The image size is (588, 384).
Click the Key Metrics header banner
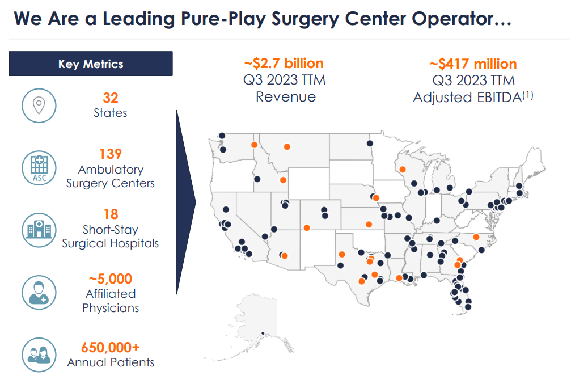click(91, 64)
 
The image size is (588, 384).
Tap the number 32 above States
click(111, 98)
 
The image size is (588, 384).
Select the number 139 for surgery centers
click(111, 154)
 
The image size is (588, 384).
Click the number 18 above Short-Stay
click(111, 214)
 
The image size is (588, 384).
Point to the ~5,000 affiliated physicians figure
click(111, 278)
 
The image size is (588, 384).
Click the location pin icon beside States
click(39, 105)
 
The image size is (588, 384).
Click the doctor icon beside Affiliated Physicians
click(39, 292)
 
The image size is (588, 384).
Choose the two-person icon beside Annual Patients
click(39, 354)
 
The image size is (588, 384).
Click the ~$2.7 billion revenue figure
click(284, 63)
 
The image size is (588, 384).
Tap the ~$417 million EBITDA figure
click(473, 64)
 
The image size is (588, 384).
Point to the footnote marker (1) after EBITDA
click(528, 95)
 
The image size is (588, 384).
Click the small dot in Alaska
click(262, 333)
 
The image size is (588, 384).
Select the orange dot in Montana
click(286, 146)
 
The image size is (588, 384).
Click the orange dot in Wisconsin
click(403, 169)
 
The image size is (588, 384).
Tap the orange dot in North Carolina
click(476, 237)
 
